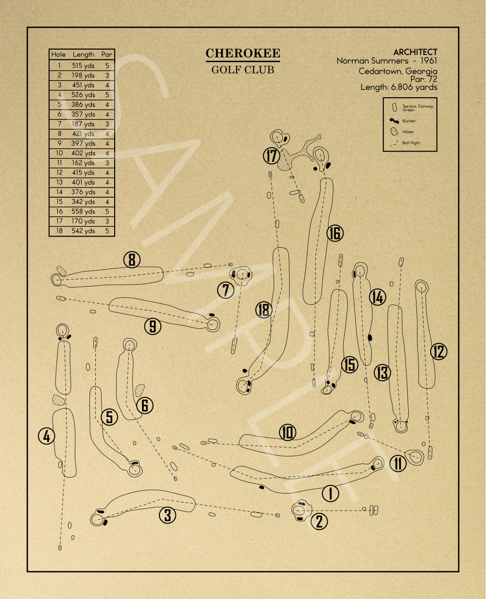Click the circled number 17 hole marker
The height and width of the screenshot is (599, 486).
pyautogui.click(x=271, y=156)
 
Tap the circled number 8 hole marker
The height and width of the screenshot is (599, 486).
pyautogui.click(x=132, y=259)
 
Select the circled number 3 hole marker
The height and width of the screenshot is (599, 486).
pyautogui.click(x=168, y=515)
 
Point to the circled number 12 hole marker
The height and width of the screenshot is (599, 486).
pyautogui.click(x=439, y=352)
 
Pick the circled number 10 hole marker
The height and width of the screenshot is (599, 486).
pyautogui.click(x=287, y=432)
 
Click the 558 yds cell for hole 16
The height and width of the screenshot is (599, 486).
pyautogui.click(x=83, y=211)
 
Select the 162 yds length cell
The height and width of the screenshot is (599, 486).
pyautogui.click(x=83, y=163)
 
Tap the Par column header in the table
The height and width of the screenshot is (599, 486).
pyautogui.click(x=107, y=54)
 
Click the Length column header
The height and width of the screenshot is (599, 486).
pyautogui.click(x=83, y=54)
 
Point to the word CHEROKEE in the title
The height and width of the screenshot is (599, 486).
pyautogui.click(x=243, y=53)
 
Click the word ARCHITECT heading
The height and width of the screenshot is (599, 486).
pyautogui.click(x=415, y=52)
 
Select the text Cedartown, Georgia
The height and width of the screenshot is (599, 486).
pyautogui.click(x=398, y=71)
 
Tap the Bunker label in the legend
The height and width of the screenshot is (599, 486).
pyautogui.click(x=409, y=121)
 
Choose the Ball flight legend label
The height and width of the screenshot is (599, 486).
pyautogui.click(x=411, y=143)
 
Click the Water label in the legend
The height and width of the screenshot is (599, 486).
pyautogui.click(x=408, y=132)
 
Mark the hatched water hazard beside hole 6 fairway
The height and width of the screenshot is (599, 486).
pyautogui.click(x=140, y=390)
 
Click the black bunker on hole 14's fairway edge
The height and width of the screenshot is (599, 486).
pyautogui.click(x=370, y=338)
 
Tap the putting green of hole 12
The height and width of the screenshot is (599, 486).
pyautogui.click(x=421, y=287)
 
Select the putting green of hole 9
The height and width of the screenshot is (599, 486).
pyautogui.click(x=213, y=325)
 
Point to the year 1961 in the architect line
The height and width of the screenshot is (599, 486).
pyautogui.click(x=429, y=61)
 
